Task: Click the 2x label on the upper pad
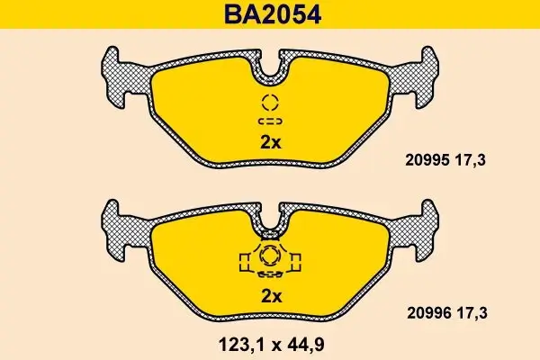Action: point(271,142)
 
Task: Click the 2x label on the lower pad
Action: point(271,296)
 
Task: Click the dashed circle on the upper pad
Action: point(270,102)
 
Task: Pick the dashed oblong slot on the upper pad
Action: point(270,121)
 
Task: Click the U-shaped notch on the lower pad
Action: point(270,218)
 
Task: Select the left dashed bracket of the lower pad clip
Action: point(243,260)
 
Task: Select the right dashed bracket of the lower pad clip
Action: point(297,260)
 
